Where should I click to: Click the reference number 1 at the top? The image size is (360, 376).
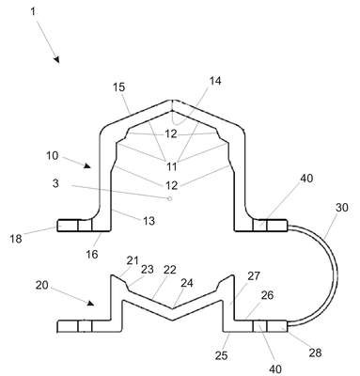click(33, 12)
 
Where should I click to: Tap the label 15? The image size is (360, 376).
click(118, 87)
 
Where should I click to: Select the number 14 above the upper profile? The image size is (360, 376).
click(215, 81)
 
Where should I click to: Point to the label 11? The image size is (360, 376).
click(171, 166)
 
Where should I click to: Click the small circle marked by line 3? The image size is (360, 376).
click(170, 198)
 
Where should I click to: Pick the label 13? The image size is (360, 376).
click(149, 221)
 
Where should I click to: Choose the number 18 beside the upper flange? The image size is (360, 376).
click(16, 239)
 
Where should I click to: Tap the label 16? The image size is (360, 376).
click(92, 254)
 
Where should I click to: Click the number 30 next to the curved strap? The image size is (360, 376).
click(341, 207)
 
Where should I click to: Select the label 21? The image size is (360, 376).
click(133, 260)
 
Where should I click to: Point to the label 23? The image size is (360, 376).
click(148, 269)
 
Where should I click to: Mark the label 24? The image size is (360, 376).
click(187, 283)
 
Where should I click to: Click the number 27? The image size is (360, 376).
click(254, 275)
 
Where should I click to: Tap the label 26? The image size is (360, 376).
click(267, 295)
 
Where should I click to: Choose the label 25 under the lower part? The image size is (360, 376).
click(221, 355)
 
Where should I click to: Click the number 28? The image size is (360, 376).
click(315, 352)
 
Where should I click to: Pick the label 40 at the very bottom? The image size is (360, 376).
click(275, 369)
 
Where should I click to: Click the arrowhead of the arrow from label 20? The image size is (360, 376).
click(90, 304)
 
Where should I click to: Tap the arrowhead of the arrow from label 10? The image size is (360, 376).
click(87, 166)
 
